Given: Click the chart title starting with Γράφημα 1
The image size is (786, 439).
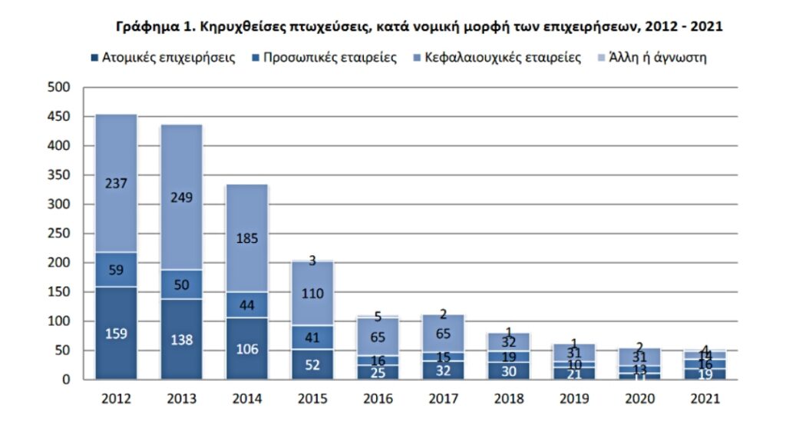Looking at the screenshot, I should pos(419,27).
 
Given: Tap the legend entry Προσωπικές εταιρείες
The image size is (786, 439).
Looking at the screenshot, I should pos(323,58).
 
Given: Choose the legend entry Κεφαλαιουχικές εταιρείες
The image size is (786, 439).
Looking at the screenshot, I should pos(491,58).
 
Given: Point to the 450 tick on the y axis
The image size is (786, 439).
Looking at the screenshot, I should pos(61,117).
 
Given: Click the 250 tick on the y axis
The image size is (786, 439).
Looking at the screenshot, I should pos(61,234).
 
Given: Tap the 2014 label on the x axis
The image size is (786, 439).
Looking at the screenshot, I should pos(246,398).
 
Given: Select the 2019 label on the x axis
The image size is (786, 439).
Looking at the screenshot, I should pos(575,398).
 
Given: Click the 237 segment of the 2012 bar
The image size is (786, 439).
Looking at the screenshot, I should pos(116,183).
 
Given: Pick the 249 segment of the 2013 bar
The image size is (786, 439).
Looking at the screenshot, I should pos(181,197).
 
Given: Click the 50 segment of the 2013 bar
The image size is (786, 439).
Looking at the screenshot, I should pos(181,284).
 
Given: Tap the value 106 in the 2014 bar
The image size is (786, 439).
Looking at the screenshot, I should pos(246,349).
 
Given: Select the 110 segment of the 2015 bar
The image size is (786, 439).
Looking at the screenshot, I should pos(312,293).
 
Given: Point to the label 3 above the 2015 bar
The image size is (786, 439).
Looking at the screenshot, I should pos(312,261).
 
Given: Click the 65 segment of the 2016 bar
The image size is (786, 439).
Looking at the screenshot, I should pos(378,336).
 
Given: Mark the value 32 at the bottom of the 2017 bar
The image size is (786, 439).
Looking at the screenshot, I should pos(444,369).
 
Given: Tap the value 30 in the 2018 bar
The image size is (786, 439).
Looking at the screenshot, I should pos(509,370).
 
